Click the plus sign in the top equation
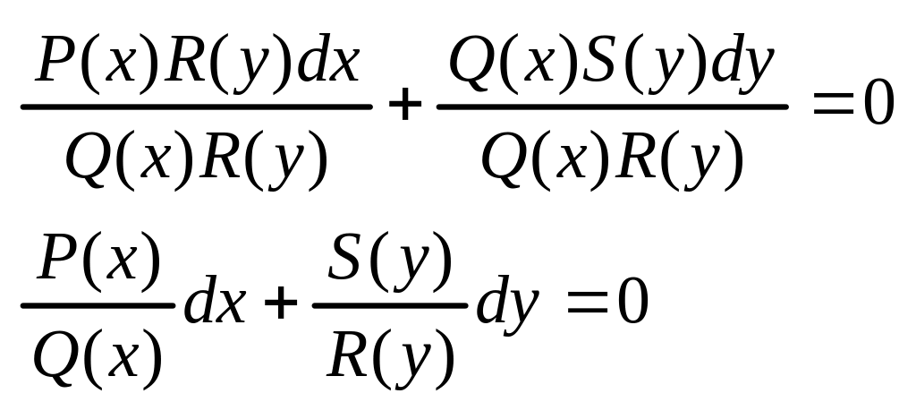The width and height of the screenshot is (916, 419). coord(405,107)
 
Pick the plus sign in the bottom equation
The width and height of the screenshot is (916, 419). coord(281,305)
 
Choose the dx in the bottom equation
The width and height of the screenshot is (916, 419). coord(215,305)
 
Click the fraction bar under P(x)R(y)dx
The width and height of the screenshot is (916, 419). coord(196,107)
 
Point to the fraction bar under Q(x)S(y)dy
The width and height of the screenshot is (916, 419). coord(612,107)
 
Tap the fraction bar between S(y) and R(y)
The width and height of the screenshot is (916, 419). coord(390,305)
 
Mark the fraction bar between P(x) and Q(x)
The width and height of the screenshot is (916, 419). coord(98,305)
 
